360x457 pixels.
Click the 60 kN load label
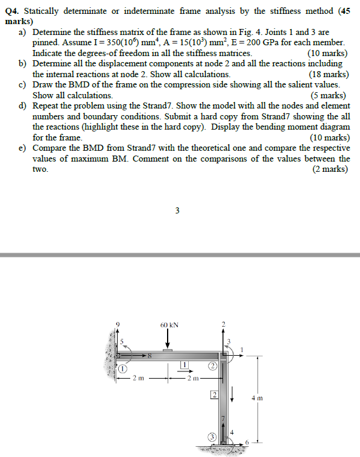(x=169, y=325)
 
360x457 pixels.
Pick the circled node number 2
(x=212, y=367)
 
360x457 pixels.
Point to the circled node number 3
(x=212, y=437)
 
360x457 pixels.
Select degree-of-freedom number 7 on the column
(x=223, y=418)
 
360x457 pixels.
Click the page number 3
(x=176, y=210)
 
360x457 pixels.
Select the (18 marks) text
(x=327, y=74)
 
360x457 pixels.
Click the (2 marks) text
(x=330, y=169)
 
